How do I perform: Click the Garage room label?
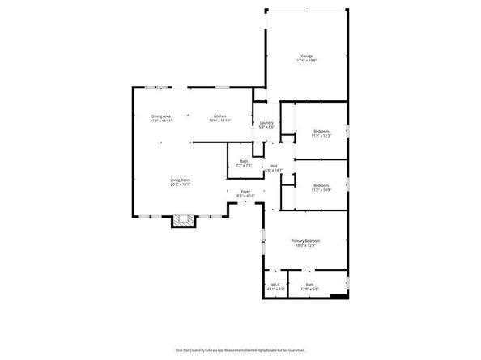[x=307, y=56]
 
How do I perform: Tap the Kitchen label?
[x=219, y=116]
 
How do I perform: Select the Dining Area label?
[x=161, y=116]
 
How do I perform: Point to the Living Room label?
[x=180, y=180]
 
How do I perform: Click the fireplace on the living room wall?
[x=182, y=220]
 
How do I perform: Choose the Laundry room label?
[x=266, y=123]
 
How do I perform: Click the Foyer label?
[x=245, y=191]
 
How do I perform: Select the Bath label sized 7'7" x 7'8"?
[x=244, y=161]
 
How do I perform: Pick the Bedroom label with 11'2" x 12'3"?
[x=321, y=132]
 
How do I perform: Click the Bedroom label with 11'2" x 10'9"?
[x=321, y=184]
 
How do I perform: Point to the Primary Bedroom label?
[x=306, y=241]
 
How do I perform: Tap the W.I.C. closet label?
[x=275, y=284]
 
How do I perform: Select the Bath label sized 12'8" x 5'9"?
[x=309, y=284]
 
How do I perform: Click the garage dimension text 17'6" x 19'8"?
[x=307, y=61]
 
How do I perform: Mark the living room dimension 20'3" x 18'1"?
[x=180, y=184]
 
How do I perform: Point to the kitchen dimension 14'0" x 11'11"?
[x=219, y=121]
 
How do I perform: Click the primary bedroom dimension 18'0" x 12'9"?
[x=306, y=246]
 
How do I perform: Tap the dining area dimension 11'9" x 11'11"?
[x=161, y=121]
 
